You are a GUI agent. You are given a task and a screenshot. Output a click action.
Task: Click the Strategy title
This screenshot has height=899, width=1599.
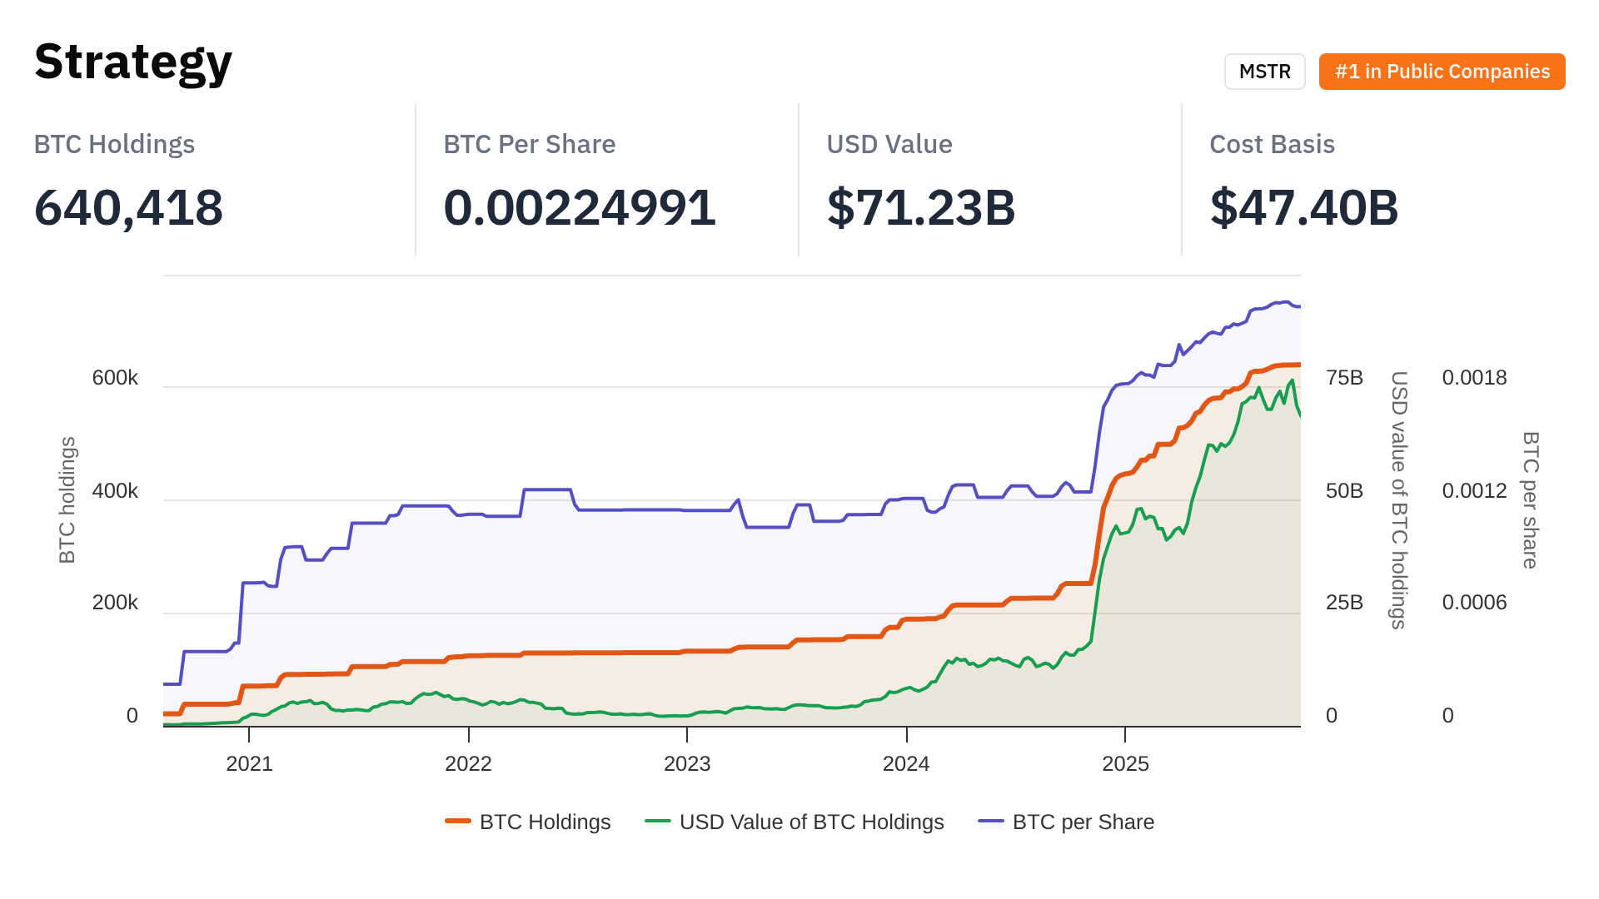(x=133, y=62)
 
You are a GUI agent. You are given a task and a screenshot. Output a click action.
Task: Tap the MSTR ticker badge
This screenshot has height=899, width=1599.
(x=1264, y=72)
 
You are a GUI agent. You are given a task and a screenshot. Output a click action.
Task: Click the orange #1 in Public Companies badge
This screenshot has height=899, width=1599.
(x=1442, y=72)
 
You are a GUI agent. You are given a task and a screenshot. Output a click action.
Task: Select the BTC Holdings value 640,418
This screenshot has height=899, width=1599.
(x=128, y=207)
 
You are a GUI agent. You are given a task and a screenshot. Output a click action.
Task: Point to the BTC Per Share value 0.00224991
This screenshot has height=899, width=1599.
(x=580, y=207)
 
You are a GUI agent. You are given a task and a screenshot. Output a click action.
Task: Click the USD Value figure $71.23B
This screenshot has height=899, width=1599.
(x=921, y=207)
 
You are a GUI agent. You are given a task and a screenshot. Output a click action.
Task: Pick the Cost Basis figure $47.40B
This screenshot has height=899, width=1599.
(x=1304, y=207)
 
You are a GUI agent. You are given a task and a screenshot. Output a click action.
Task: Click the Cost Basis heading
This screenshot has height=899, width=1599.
(x=1272, y=144)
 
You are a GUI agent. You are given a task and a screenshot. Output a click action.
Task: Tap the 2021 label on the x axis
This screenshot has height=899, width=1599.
(x=249, y=764)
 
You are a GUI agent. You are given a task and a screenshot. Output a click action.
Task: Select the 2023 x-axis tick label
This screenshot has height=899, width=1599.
(x=687, y=764)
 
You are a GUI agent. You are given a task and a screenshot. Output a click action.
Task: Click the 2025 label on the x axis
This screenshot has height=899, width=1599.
(x=1125, y=764)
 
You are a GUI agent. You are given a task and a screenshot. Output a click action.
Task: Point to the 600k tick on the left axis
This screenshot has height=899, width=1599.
(x=115, y=378)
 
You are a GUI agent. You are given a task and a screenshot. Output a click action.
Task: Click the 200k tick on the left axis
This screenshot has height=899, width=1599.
(x=115, y=603)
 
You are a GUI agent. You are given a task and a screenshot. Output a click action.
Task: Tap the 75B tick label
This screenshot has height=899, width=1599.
(x=1344, y=378)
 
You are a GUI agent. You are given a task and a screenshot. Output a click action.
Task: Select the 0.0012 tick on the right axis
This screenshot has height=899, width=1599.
(x=1474, y=491)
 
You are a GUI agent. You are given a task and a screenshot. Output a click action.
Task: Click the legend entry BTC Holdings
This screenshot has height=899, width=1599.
(x=545, y=822)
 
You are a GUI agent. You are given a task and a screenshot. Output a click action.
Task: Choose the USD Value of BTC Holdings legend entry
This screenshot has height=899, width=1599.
(x=811, y=822)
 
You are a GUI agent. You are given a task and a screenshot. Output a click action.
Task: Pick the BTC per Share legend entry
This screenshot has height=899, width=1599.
(x=1083, y=822)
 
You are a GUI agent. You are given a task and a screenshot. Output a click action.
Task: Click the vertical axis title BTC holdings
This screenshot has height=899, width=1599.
(x=67, y=499)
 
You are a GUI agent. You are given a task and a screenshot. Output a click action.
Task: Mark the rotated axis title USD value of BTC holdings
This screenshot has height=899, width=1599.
(x=1399, y=499)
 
